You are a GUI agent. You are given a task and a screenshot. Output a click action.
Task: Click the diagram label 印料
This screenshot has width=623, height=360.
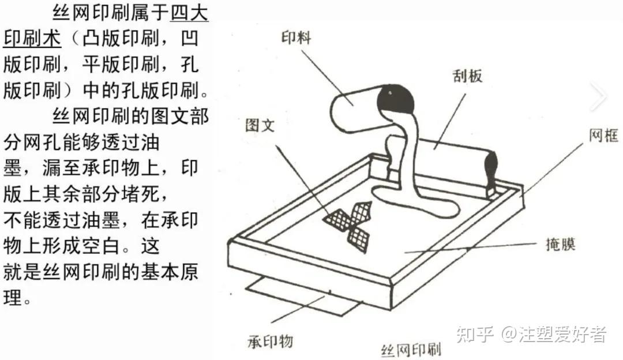296,37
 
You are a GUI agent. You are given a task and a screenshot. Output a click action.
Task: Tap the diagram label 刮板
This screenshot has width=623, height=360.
468,76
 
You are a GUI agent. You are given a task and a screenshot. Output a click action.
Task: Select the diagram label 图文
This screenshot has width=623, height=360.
260,125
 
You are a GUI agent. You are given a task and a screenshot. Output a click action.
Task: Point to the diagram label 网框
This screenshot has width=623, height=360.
603,136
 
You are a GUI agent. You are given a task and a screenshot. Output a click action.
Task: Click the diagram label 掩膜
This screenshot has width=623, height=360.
561,244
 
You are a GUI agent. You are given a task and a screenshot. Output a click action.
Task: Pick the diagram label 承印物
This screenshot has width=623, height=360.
270,342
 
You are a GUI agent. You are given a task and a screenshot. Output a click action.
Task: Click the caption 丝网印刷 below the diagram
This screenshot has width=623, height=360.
411,350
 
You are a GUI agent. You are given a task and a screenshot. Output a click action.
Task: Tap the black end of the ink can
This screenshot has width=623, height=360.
396,99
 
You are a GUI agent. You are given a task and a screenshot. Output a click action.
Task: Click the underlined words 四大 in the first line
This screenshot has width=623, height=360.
190,13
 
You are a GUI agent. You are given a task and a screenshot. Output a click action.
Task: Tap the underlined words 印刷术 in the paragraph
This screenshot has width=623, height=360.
32,39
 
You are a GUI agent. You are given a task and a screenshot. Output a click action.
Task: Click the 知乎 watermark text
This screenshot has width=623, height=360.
475,334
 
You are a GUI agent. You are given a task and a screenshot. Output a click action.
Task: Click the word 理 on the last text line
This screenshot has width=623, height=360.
12,297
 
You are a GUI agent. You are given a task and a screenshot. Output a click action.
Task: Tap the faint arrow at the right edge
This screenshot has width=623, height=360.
598,96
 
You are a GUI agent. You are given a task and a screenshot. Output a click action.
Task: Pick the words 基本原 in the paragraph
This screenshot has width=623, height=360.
170,272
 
